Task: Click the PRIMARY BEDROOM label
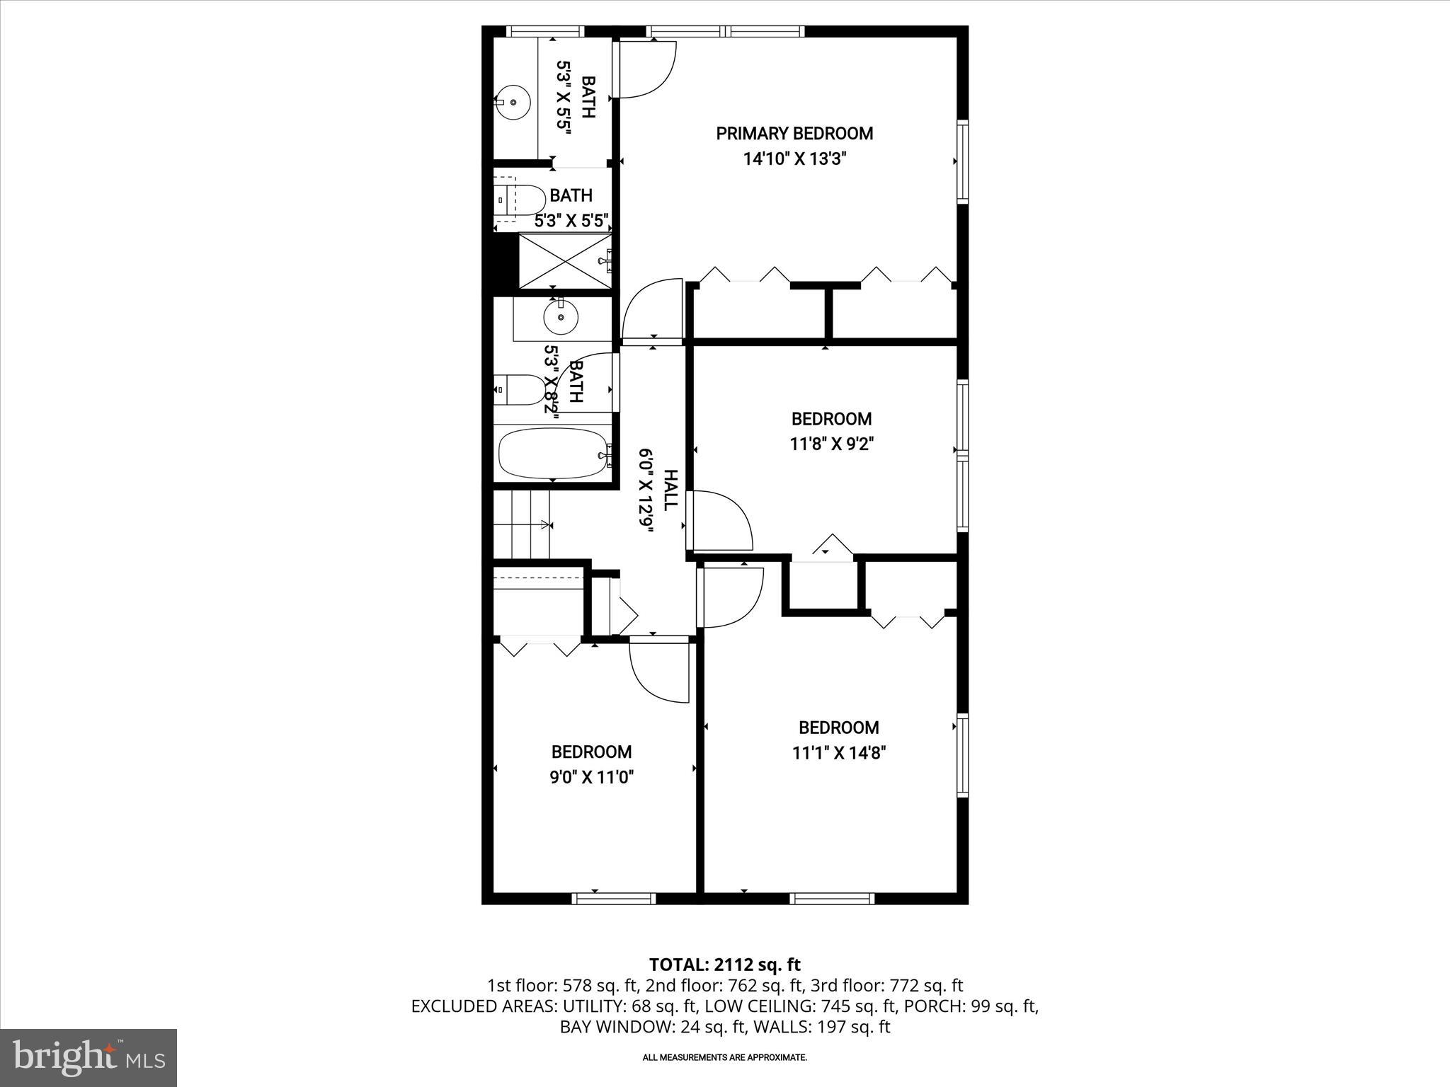tap(794, 133)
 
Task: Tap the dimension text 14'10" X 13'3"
tap(794, 159)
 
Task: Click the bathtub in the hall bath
tap(553, 454)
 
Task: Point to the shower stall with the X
tap(564, 260)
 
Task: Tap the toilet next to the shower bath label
tap(520, 200)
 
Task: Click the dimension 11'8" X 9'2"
tap(830, 444)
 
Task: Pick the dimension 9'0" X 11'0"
tap(591, 778)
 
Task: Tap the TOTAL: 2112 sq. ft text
tap(724, 964)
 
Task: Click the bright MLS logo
tap(89, 1058)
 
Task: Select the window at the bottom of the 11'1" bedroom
tap(832, 898)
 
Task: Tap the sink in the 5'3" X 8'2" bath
tap(561, 318)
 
